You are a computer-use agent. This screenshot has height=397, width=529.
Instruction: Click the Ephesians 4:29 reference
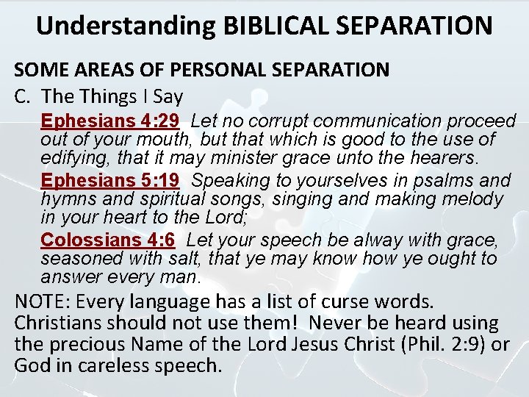tap(110, 121)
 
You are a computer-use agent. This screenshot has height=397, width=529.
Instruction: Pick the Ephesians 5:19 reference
tap(110, 180)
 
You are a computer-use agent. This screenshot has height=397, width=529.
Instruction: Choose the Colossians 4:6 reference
tap(107, 240)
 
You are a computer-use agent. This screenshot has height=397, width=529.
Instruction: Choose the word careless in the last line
tap(118, 365)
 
